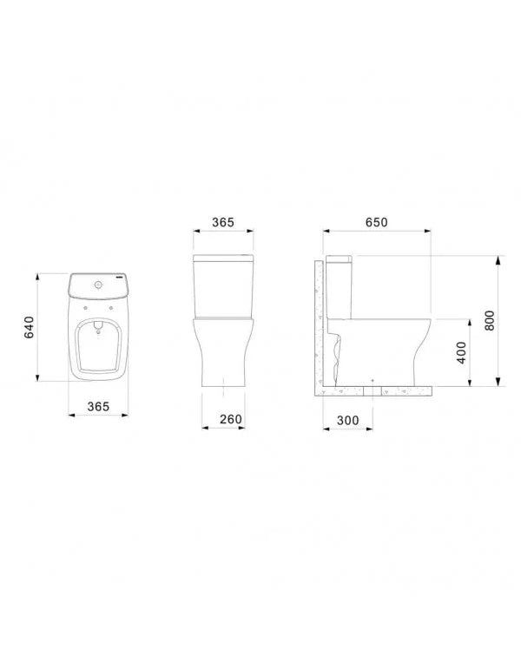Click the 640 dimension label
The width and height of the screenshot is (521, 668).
pos(30,327)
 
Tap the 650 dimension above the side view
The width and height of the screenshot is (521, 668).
pos(377,222)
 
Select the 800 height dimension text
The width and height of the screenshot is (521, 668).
pos(490,320)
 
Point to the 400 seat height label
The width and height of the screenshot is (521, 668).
pos(461,353)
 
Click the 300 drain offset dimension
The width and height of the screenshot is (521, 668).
pos(347,420)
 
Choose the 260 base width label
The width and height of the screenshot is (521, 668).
pos(231,419)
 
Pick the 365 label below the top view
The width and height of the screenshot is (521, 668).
pos(98,406)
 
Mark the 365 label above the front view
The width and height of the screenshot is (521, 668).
pos(223,222)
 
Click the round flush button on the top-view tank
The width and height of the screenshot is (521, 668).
pos(99,284)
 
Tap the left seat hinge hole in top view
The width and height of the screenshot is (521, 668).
pos(86,308)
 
